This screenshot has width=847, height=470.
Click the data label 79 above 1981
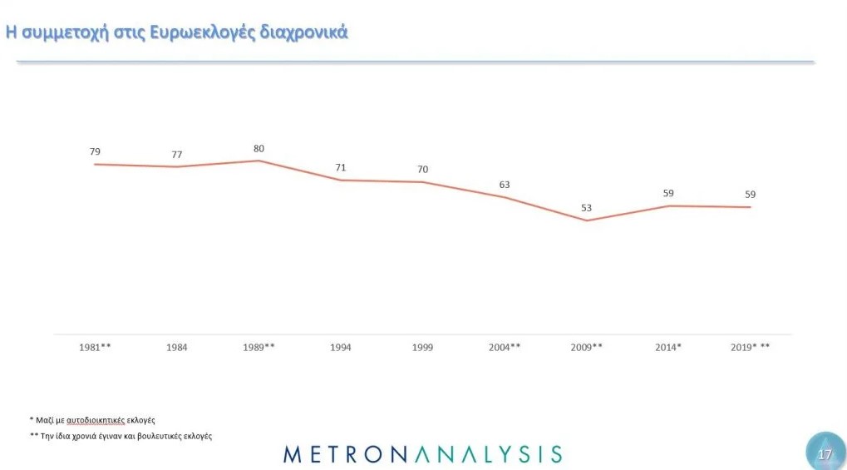pos(95,151)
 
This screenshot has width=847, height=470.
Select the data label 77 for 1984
pos(176,155)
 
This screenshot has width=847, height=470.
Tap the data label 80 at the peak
pos(259,149)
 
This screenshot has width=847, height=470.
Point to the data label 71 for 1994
pos(341,167)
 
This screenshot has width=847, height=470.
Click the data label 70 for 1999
pos(422,170)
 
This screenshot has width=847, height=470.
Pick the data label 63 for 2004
pos(505,185)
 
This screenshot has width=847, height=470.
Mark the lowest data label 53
pos(586,208)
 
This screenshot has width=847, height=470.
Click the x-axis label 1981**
pos(95,347)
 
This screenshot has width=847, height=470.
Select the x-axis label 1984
pos(176,347)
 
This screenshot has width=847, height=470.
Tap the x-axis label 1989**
pos(259,347)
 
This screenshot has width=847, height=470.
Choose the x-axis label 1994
pos(341,347)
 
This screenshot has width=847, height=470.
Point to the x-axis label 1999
pos(422,347)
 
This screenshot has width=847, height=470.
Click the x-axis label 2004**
pos(505,347)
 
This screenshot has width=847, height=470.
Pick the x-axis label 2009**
pos(586,347)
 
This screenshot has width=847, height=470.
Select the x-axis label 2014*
pos(668,347)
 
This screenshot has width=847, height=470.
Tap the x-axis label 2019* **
pos(750,347)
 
